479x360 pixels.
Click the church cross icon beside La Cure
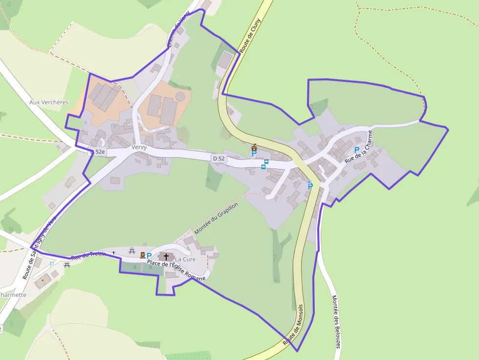point(166,256)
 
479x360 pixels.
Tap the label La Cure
point(185,259)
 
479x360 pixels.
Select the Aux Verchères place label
point(49,103)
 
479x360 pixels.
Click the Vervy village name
point(139,147)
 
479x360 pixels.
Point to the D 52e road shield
point(97,152)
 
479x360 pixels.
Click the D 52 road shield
point(218,158)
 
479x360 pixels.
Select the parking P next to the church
point(149,255)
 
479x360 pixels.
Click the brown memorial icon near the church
point(142,255)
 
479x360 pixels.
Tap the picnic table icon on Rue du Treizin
point(131,251)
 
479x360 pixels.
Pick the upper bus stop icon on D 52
point(266,162)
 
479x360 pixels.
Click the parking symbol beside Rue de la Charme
point(357,150)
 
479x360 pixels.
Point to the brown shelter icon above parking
point(254,147)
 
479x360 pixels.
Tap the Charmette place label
point(13,295)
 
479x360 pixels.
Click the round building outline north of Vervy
point(181,96)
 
